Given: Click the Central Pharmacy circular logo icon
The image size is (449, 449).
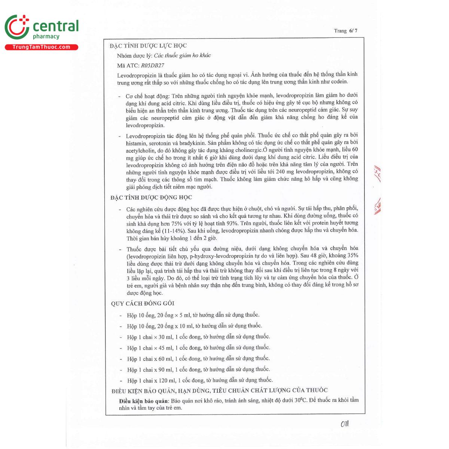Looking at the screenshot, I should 17,27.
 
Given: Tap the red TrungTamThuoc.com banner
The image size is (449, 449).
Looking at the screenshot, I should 41,47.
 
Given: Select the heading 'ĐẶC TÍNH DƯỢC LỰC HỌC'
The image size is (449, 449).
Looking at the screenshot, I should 148,46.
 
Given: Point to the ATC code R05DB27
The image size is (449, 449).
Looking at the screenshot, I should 152,65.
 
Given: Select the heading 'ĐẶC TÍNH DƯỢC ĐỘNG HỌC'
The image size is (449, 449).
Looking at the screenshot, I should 151,198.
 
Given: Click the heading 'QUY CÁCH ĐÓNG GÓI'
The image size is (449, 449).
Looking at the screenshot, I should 143,303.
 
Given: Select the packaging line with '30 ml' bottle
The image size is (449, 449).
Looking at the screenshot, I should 198,337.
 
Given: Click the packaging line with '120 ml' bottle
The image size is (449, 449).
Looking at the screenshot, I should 200,380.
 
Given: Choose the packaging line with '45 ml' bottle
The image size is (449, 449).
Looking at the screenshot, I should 198,348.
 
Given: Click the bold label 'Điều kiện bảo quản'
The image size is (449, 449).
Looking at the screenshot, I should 144,401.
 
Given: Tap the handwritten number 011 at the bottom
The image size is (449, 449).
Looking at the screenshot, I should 344,424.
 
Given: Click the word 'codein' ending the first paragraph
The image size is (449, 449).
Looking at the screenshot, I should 339,82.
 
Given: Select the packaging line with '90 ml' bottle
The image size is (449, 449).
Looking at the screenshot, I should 198,369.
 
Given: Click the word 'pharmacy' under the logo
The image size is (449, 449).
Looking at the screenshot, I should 46,37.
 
